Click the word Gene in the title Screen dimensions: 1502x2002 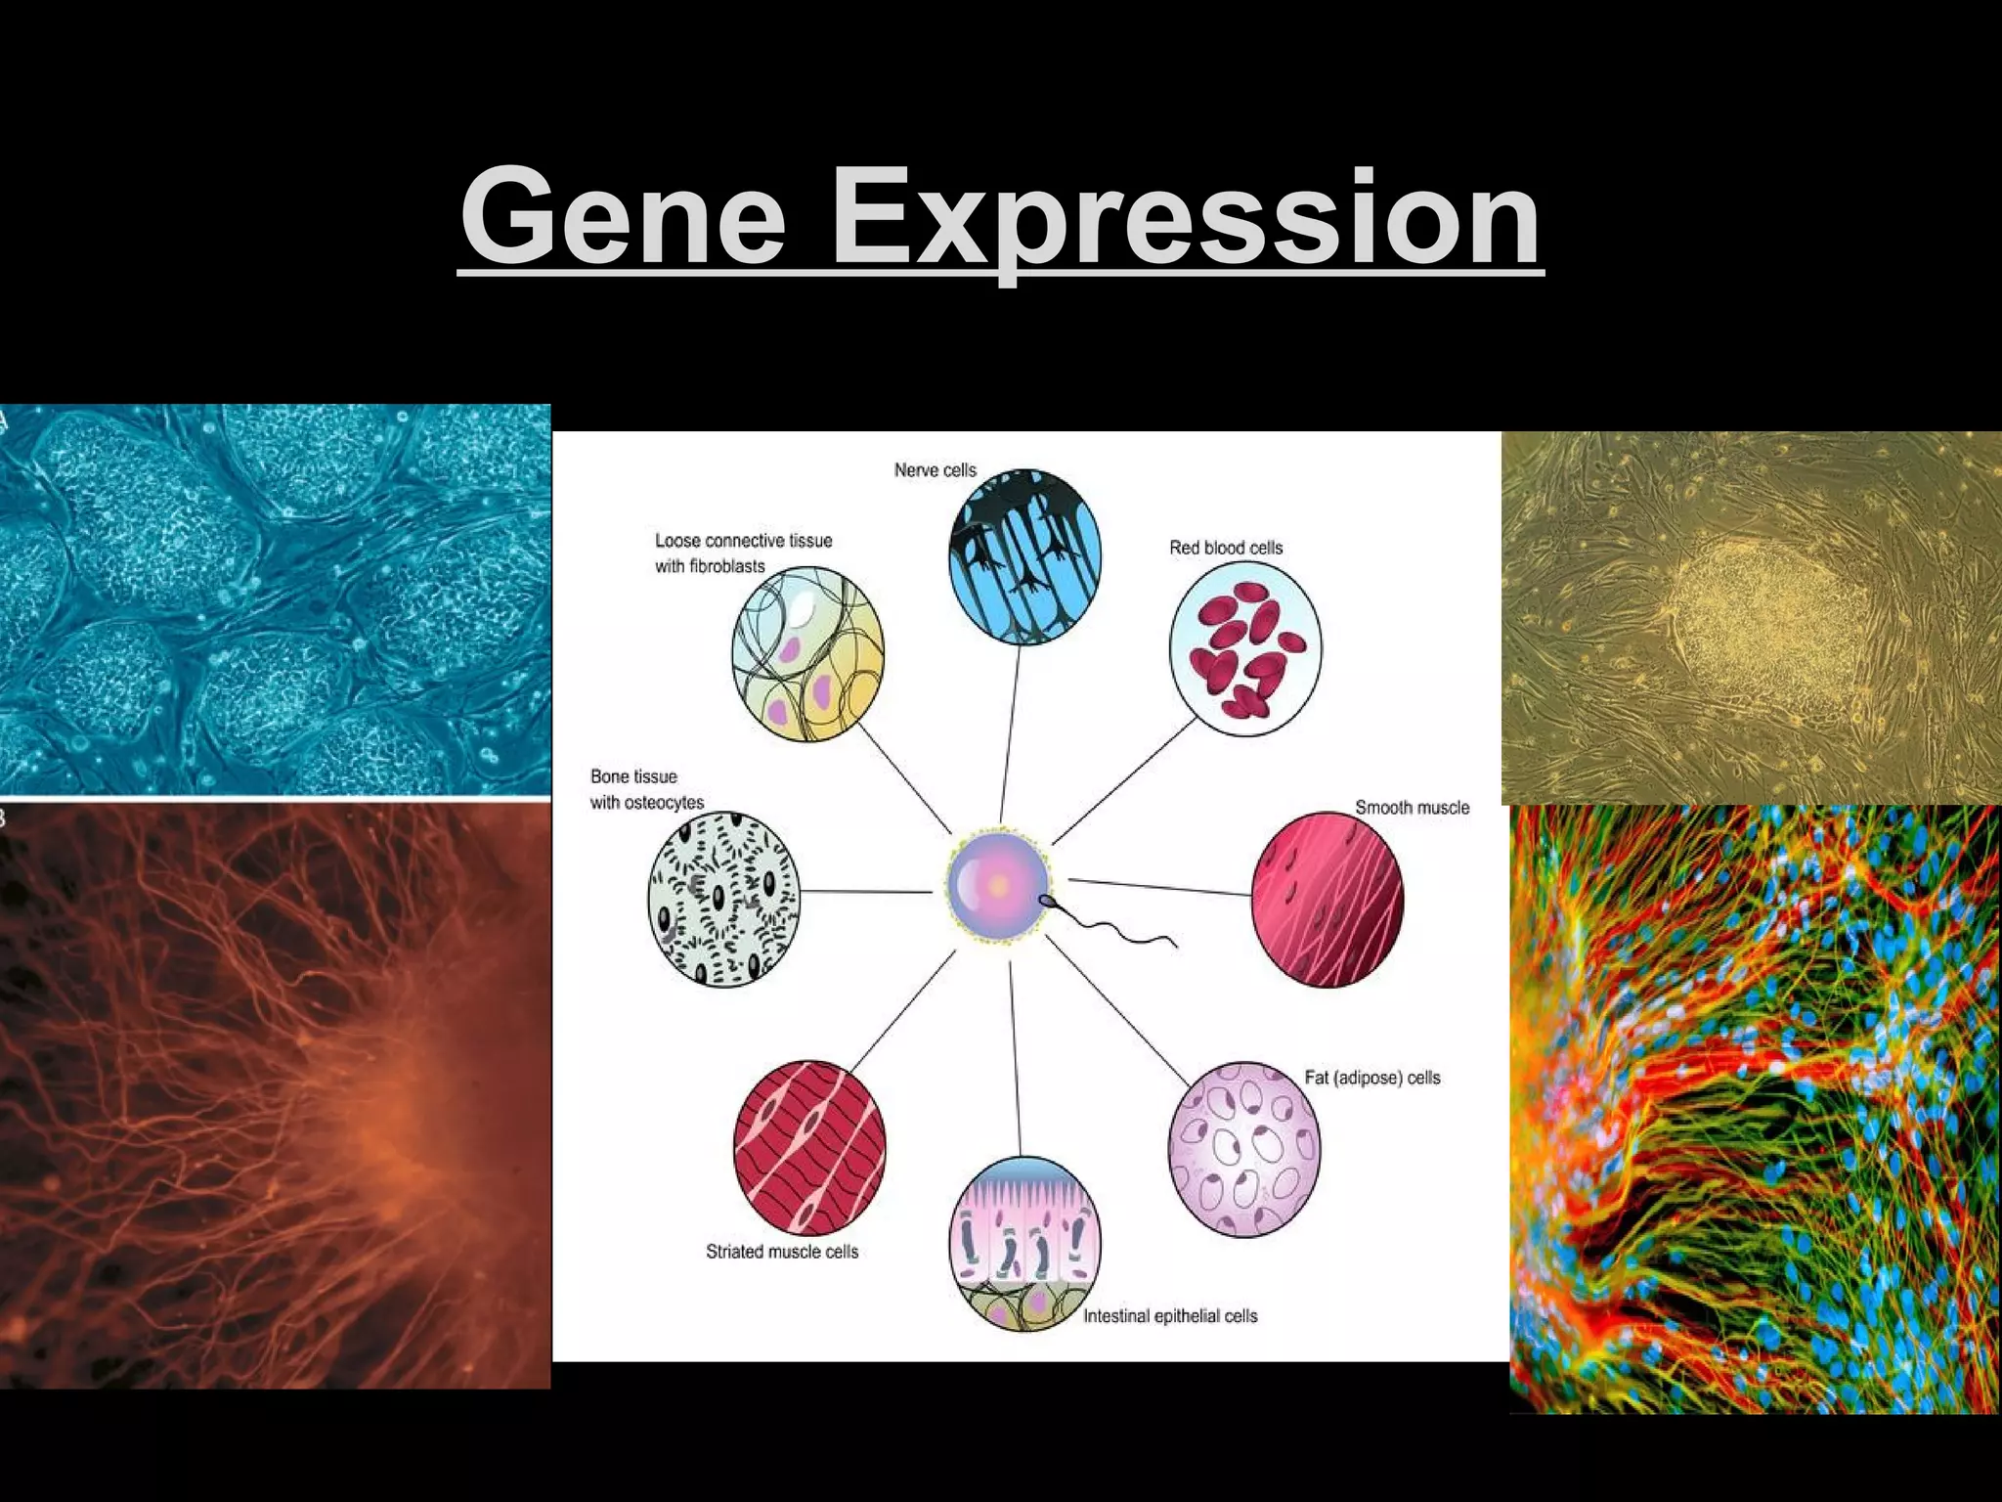tap(624, 217)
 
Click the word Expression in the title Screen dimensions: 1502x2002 tap(1185, 217)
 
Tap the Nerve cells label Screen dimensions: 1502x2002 tap(935, 470)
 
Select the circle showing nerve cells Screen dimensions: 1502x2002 tap(1024, 556)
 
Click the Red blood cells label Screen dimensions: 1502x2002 tap(1226, 548)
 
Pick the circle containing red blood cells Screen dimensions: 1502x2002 tap(1244, 648)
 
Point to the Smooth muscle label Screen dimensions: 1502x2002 tap(1412, 808)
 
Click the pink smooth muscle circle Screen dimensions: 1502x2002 tap(1327, 899)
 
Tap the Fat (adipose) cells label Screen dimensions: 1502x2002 tap(1371, 1078)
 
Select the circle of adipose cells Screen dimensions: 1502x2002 tap(1243, 1149)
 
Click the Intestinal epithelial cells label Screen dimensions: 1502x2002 tap(1169, 1316)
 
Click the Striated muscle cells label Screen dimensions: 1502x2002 tap(782, 1252)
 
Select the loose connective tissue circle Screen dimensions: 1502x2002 tap(807, 653)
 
